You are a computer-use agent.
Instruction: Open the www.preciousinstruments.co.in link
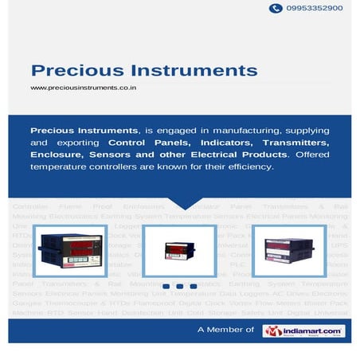pos(82,87)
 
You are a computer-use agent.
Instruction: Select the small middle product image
pos(180,248)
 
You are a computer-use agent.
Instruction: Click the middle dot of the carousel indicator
pos(181,287)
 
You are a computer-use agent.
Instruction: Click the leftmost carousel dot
pos(169,287)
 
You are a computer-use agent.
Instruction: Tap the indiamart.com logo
pos(303,331)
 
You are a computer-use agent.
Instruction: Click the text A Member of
pos(226,331)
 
